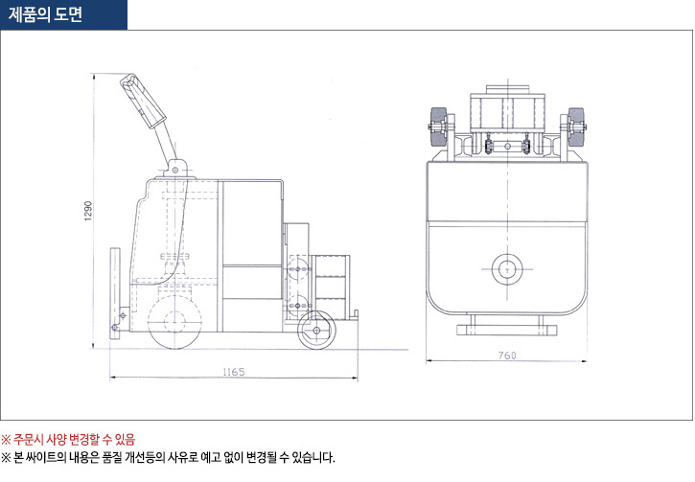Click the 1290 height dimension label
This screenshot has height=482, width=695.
pos(87,212)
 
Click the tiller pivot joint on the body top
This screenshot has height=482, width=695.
pos(176,171)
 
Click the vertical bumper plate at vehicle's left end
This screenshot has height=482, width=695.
pos(116,287)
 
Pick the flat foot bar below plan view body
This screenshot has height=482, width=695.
pos(506,330)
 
